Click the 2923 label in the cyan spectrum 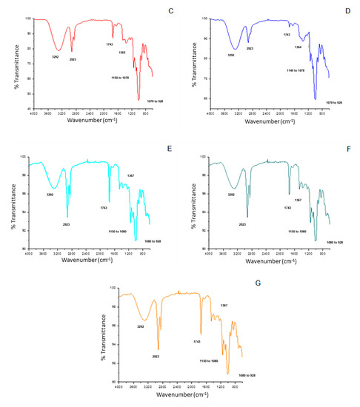(67, 224)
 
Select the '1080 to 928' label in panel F (337, 242)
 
